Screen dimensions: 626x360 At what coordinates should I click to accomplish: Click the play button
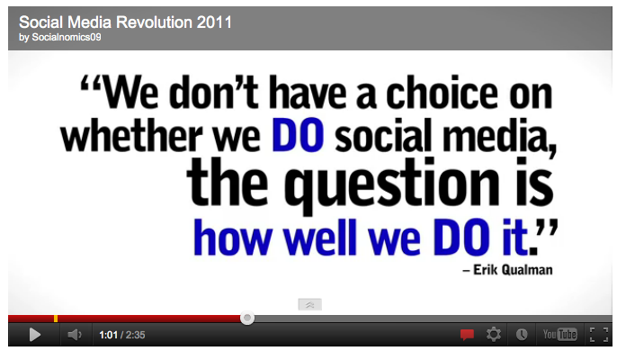[x=35, y=335]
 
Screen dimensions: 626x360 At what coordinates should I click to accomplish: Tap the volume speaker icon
[x=75, y=335]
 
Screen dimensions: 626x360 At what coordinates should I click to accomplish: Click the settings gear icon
[x=494, y=334]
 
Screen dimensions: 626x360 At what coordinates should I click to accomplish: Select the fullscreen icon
[x=599, y=335]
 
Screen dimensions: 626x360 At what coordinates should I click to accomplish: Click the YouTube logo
[x=559, y=334]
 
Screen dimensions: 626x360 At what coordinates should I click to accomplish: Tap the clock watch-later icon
[x=522, y=335]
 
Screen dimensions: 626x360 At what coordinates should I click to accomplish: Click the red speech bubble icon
[x=467, y=335]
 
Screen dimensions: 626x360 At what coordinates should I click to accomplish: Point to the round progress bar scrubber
[x=247, y=318]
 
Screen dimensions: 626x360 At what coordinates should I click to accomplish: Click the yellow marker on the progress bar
[x=56, y=319]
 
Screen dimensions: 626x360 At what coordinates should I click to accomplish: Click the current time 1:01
[x=108, y=335]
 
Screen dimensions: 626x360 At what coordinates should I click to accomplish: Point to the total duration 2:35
[x=135, y=335]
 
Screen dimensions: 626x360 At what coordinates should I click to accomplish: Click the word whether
[x=131, y=135]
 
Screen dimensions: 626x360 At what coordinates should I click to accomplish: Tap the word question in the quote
[x=391, y=184]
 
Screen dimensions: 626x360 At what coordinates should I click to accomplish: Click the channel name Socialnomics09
[x=67, y=37]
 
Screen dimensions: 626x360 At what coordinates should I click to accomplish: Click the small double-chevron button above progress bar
[x=309, y=304]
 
